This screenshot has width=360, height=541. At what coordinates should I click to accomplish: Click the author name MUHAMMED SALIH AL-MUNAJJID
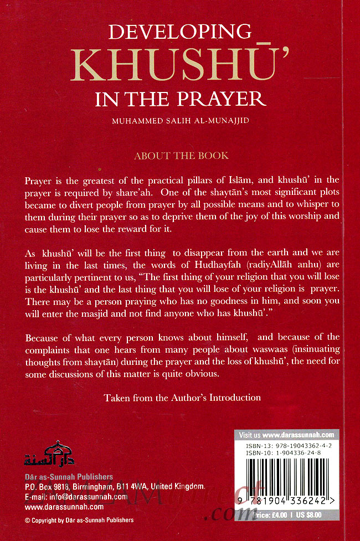point(180,120)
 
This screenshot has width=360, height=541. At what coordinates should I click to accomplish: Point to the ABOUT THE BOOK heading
point(181,156)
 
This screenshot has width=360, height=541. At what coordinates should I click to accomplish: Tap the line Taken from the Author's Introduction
point(182,397)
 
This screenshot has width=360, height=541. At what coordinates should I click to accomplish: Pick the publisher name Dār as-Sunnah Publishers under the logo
point(69,477)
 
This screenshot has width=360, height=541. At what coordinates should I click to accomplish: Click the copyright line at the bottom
point(80,520)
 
